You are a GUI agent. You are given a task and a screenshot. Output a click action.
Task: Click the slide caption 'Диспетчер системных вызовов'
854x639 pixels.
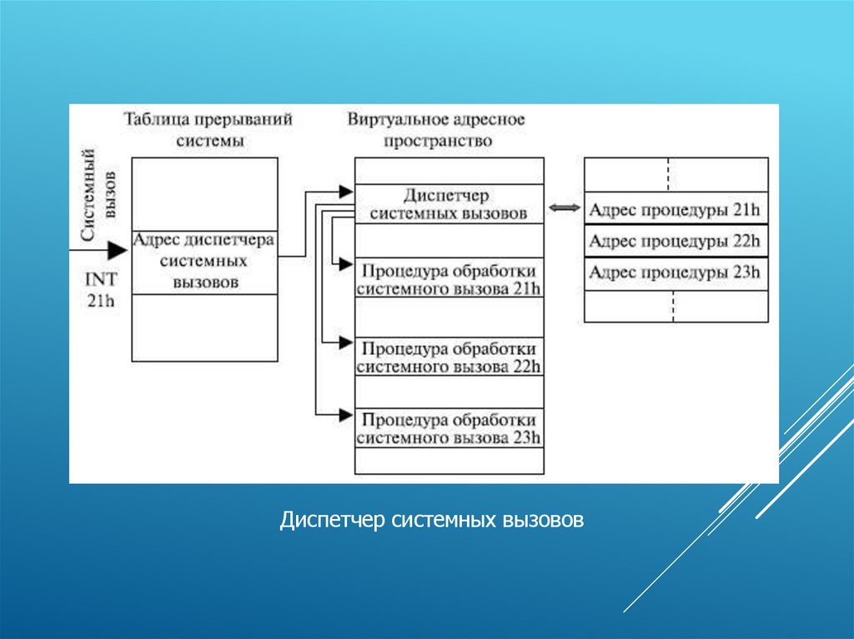(x=432, y=522)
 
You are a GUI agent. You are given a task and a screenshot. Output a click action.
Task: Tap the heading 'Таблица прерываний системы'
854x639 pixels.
(x=208, y=129)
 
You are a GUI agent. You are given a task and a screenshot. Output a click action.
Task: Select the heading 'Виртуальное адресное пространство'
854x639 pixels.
(x=437, y=129)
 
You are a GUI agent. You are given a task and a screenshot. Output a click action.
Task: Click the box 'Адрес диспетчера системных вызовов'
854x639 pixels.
(x=204, y=261)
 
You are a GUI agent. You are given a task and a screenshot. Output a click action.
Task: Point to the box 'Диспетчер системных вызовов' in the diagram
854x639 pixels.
(x=449, y=204)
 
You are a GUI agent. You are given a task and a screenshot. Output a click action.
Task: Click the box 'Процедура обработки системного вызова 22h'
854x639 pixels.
(x=449, y=357)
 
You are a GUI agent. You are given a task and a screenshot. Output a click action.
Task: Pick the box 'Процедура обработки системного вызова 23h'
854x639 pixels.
(x=449, y=427)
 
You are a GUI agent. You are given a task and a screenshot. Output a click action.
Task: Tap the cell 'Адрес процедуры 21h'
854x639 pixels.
(x=675, y=210)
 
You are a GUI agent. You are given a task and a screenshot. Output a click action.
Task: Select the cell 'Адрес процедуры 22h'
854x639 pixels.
(x=675, y=242)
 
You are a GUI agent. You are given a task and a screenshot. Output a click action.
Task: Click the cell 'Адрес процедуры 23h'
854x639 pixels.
(x=675, y=273)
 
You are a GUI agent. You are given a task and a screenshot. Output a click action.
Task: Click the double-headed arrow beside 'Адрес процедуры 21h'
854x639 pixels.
(x=564, y=208)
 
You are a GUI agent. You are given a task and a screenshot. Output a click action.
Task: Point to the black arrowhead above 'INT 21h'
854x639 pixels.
(x=117, y=250)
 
